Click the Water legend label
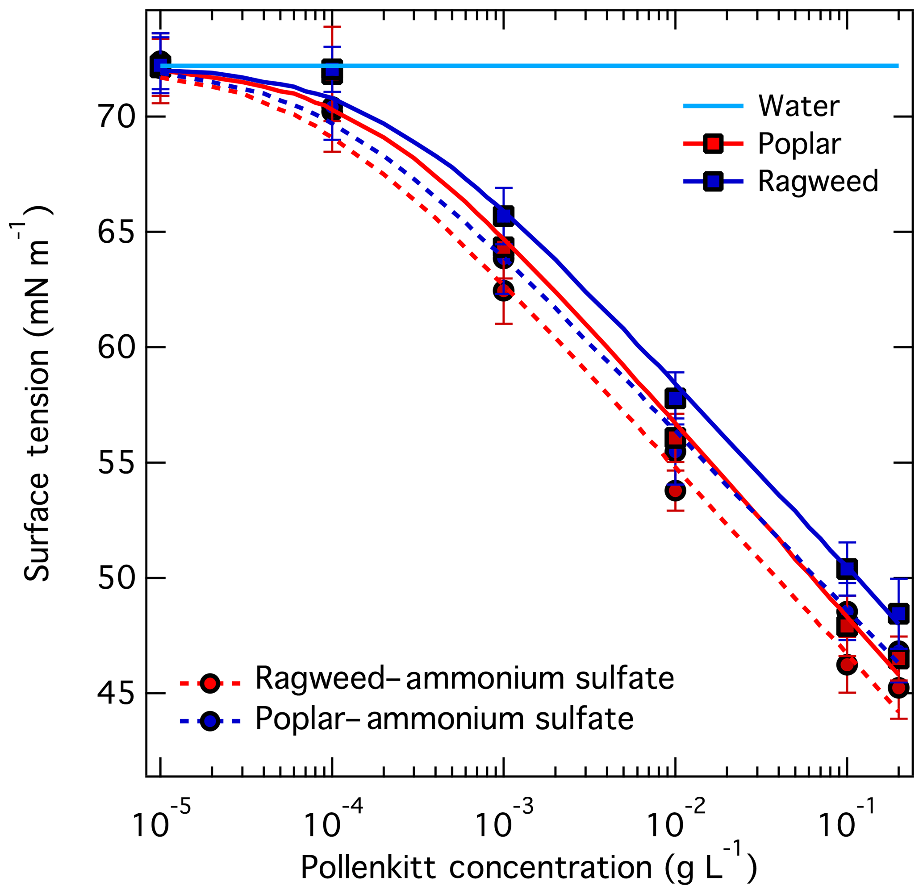point(799,106)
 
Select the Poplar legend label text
point(799,144)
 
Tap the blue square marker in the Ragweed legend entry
point(714,181)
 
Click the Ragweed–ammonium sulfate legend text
point(464,678)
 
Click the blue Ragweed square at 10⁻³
point(503,216)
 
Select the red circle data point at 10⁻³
point(503,291)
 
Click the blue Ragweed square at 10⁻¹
point(847,569)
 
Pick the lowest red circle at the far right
point(898,688)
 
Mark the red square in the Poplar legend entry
point(714,144)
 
